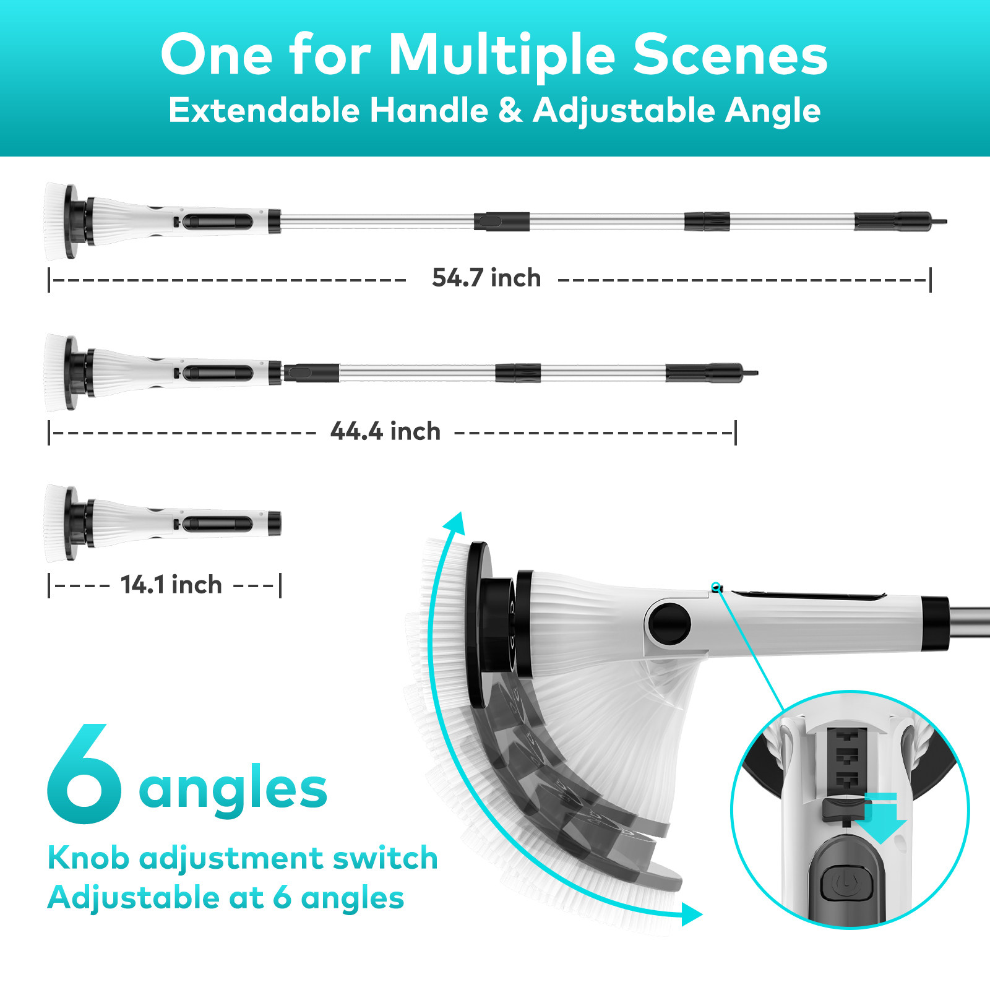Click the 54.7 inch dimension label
click(486, 278)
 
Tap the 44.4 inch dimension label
click(385, 431)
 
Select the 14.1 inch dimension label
click(171, 585)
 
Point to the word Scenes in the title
click(730, 55)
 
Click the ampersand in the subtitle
click(510, 111)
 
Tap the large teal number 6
click(84, 774)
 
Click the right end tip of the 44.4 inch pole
click(757, 373)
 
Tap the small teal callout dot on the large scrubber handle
click(716, 587)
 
